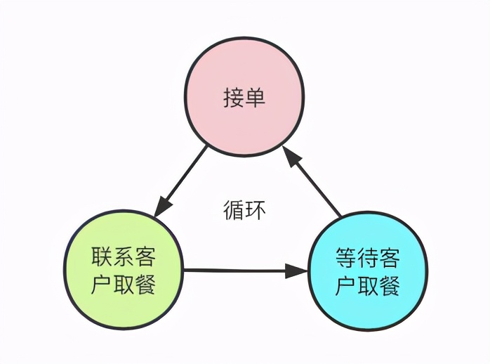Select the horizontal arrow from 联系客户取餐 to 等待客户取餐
tap(239, 270)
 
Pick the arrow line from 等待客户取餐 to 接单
tap(317, 184)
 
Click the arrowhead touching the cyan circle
tap(297, 271)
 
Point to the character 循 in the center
tap(234, 210)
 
